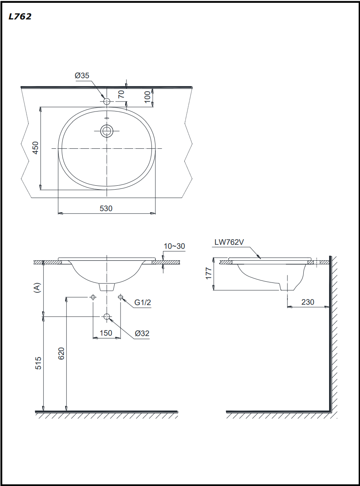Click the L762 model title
pos(20,16)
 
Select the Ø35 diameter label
pos(82,75)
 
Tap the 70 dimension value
pos(122,94)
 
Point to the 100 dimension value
pos(147,97)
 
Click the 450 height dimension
pos(35,148)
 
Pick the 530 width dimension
pos(106,209)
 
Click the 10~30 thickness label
pos(174,246)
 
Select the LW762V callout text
pos(229,242)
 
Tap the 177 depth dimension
pos(209,274)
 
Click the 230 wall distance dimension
pos(308,302)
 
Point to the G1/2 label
pos(142,303)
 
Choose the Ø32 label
pos(142,333)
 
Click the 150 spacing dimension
pos(106,333)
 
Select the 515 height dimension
pos(38,363)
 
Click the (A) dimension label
pos(37,288)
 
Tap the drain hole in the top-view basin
pos(107,131)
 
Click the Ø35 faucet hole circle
pos(107,102)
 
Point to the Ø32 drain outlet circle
pos(107,316)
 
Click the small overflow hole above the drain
pos(107,118)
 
